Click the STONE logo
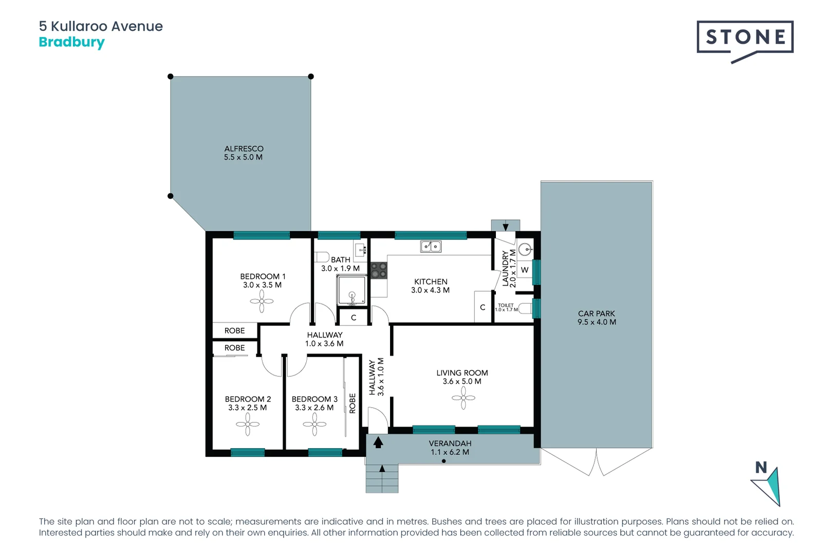click(x=745, y=38)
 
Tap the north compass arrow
click(x=769, y=485)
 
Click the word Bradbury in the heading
click(x=71, y=42)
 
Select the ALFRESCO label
click(x=244, y=153)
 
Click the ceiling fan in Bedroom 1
click(x=262, y=301)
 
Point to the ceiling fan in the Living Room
click(x=463, y=398)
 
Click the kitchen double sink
click(x=431, y=247)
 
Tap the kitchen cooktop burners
click(x=379, y=270)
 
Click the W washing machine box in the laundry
click(x=525, y=270)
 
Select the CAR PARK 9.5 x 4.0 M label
click(x=596, y=318)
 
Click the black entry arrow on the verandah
click(x=378, y=442)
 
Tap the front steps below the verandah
click(x=382, y=479)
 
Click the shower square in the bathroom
click(x=351, y=290)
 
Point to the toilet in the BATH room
click(x=322, y=256)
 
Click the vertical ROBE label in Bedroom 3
click(x=353, y=403)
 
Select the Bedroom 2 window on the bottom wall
click(x=248, y=452)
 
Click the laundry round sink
click(x=525, y=250)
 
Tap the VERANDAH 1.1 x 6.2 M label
click(x=450, y=448)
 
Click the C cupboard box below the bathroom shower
click(x=354, y=318)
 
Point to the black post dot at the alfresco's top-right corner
click(x=311, y=77)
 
